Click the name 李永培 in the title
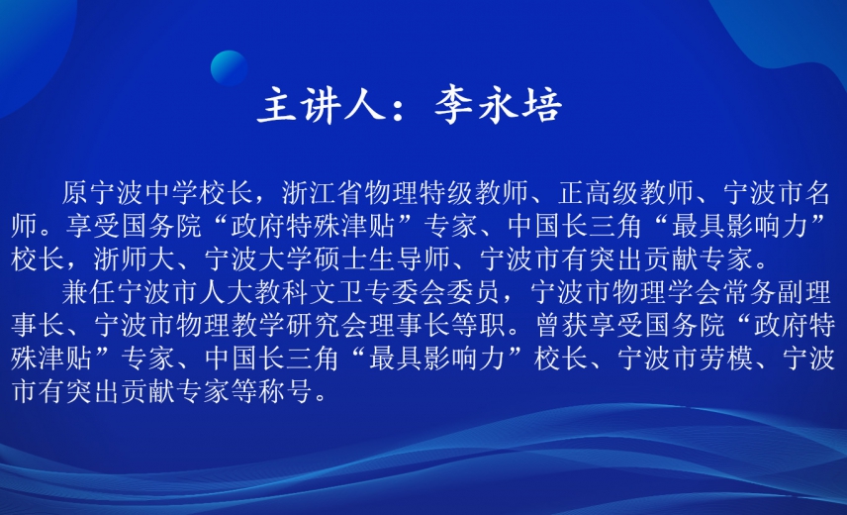[498, 104]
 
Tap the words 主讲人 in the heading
[321, 104]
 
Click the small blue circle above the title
[229, 68]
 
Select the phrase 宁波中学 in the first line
[144, 193]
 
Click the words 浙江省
[323, 193]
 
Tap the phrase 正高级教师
[626, 193]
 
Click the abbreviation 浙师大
[134, 258]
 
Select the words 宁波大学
[258, 258]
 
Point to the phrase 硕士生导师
[382, 258]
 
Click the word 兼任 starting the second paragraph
[89, 292]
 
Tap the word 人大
[227, 292]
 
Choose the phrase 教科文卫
[309, 292]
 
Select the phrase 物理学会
[667, 292]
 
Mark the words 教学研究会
[299, 325]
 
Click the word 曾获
[562, 325]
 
